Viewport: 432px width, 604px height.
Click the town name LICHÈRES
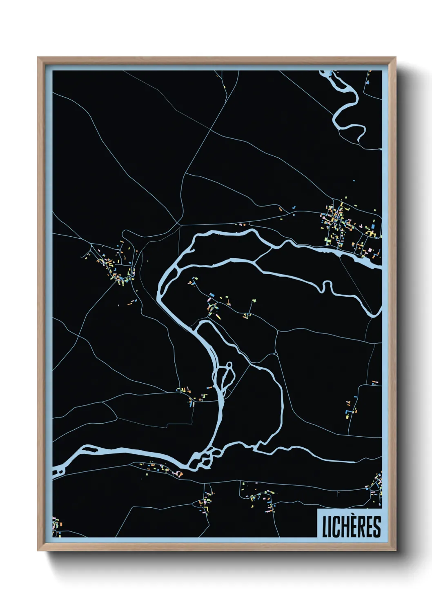coord(351,526)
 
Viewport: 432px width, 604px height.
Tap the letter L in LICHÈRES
coord(325,527)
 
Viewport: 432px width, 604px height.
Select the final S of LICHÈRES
coord(377,527)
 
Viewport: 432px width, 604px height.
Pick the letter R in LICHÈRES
coord(361,527)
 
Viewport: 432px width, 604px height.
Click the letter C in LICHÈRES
coord(336,527)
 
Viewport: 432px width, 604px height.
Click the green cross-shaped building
coord(254,301)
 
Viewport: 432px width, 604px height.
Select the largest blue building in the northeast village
coord(372,223)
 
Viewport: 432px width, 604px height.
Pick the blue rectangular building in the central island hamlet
coord(212,295)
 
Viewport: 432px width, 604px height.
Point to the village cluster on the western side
coord(116,265)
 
